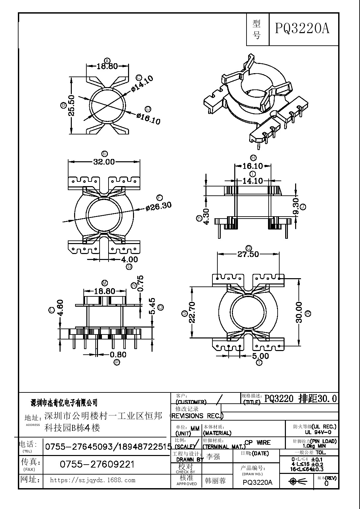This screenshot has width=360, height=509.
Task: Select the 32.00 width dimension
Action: pos(104,162)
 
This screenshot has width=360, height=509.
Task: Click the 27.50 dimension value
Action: pos(248,254)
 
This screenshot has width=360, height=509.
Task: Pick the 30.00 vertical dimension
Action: pos(299,312)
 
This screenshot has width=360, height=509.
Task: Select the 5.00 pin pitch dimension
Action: pos(260,356)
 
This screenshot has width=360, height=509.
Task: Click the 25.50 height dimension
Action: pos(71,105)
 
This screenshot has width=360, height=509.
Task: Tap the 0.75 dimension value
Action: pos(140,283)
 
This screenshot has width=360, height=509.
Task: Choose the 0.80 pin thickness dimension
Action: pos(118,355)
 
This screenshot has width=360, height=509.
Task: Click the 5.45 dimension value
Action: pos(152,307)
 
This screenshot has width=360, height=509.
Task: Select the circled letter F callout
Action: pos(160,198)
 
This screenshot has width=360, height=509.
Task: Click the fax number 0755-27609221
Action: pos(97,464)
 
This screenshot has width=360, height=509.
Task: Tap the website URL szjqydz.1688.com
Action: pos(92,480)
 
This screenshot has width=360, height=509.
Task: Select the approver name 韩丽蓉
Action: pos(215,481)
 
